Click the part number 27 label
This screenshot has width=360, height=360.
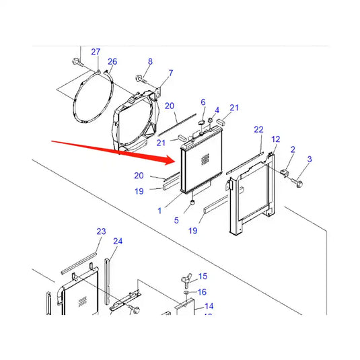point(96,52)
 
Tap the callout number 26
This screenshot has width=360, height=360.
point(112,62)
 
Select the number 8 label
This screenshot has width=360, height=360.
point(150,62)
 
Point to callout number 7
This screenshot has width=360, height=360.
point(170,73)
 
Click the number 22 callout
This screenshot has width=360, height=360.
point(258,129)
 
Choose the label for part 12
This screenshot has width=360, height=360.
point(275,139)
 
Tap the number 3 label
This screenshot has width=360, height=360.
point(310,159)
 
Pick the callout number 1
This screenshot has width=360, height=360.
point(159,211)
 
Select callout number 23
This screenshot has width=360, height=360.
point(101,231)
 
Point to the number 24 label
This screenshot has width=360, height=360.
point(118,241)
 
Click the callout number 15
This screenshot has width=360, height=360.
point(203,277)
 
